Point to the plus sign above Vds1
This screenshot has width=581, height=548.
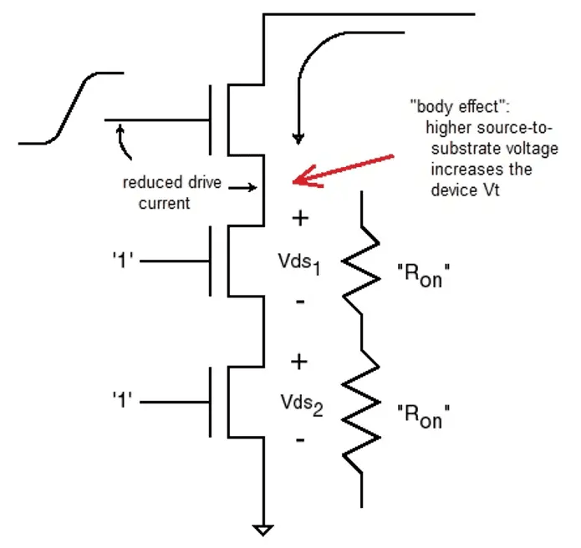tap(299, 219)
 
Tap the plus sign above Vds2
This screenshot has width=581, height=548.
tap(299, 362)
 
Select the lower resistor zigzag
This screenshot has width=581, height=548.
tap(362, 409)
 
